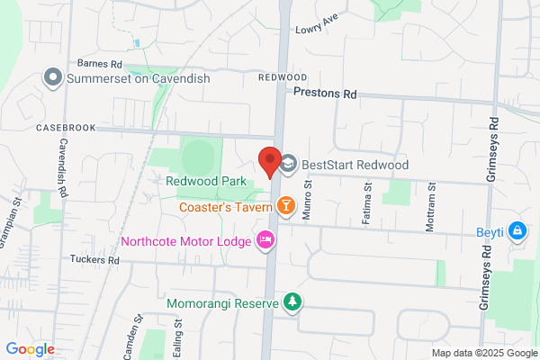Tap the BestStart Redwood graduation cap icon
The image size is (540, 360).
click(289, 164)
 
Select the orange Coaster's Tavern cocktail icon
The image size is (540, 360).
click(285, 207)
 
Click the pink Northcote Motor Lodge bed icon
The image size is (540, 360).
click(265, 239)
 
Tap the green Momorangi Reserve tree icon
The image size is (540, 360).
click(291, 302)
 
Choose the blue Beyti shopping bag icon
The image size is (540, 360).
click(517, 232)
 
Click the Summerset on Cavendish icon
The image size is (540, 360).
click(53, 78)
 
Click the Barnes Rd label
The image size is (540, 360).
click(99, 65)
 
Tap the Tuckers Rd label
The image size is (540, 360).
click(94, 259)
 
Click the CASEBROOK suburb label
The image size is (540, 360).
click(66, 129)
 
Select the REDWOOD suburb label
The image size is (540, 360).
click(283, 78)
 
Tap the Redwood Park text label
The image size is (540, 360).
click(206, 181)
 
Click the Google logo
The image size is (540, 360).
click(30, 349)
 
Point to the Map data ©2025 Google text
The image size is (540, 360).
click(481, 352)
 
